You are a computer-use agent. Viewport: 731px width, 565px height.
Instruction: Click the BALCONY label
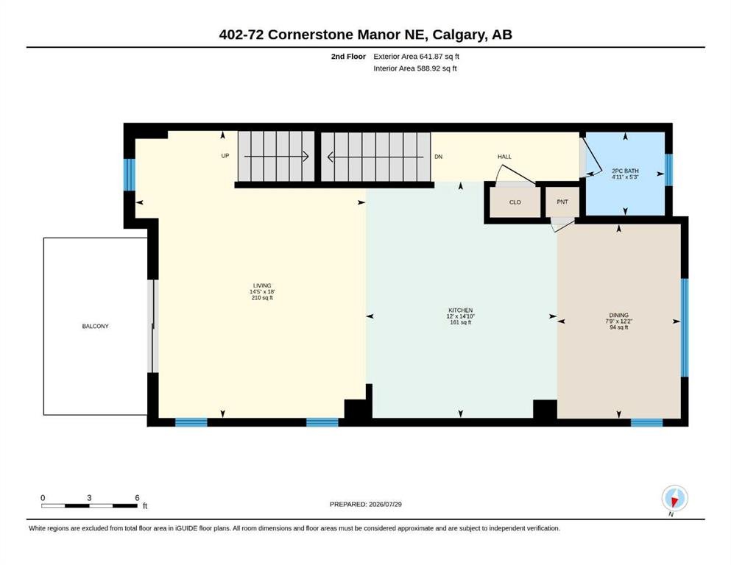[x=95, y=326]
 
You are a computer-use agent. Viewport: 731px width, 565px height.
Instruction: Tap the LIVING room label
[x=262, y=285]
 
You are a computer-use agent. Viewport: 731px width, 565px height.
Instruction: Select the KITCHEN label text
[x=461, y=310]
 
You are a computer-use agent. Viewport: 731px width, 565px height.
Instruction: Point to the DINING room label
[x=618, y=316]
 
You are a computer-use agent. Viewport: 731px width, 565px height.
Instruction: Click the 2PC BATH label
[x=625, y=171]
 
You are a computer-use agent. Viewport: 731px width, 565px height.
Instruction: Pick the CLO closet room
[x=515, y=202]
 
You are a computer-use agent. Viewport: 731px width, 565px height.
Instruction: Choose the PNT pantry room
[x=562, y=202]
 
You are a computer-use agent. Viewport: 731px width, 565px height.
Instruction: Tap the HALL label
[x=504, y=157]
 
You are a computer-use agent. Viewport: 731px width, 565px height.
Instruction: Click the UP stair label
[x=225, y=155]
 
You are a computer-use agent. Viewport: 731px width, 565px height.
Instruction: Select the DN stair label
[x=438, y=157]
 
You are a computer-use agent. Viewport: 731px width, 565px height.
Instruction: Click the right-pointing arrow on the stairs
[x=277, y=157]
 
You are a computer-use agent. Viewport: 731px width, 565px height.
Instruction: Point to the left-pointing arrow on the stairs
[x=375, y=157]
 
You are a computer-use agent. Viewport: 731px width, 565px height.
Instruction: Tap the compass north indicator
[x=674, y=498]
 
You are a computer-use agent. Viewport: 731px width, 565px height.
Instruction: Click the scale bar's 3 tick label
[x=89, y=498]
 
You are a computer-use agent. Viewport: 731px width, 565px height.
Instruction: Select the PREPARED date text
[x=365, y=504]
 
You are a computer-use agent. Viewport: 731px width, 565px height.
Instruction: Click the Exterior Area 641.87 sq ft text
[x=417, y=57]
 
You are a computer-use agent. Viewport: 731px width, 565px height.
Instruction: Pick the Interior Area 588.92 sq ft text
[x=415, y=68]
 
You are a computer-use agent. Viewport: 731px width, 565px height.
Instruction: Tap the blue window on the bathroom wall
[x=668, y=169]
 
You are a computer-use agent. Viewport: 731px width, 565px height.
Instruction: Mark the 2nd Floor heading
[x=348, y=57]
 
